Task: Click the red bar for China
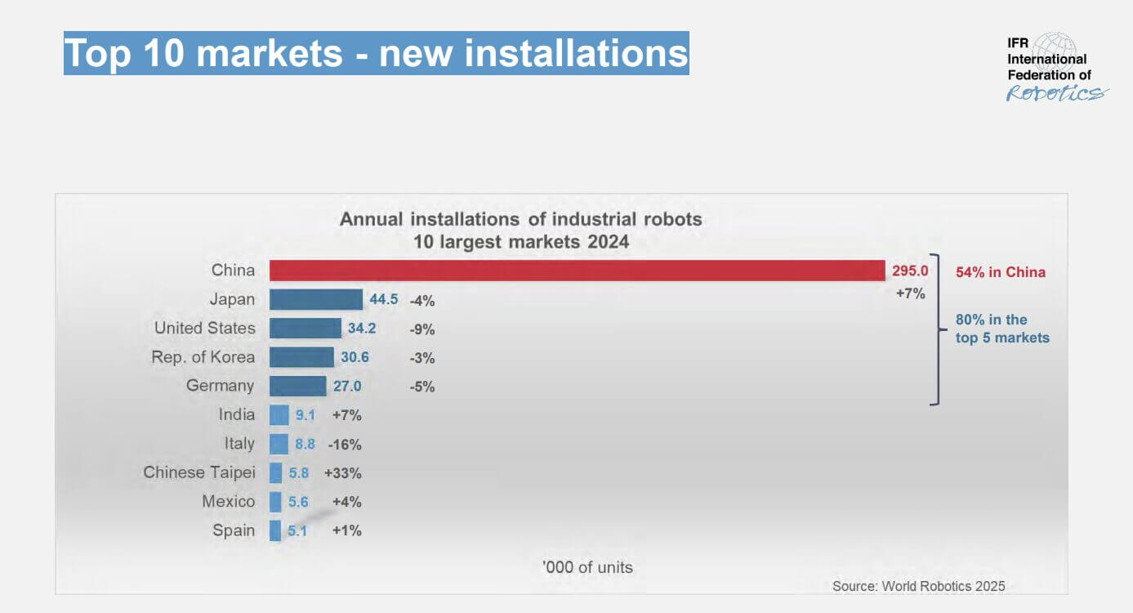coord(577,271)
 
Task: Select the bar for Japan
coord(315,299)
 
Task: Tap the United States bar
coord(305,329)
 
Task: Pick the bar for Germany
coord(297,386)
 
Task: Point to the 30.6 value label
coord(355,357)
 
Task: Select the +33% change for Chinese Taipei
coord(343,473)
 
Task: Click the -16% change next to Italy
coord(345,445)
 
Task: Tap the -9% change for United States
coord(422,329)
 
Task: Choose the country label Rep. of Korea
coord(203,357)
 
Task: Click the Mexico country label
coord(229,502)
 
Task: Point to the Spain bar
coord(275,530)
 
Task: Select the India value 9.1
coord(306,415)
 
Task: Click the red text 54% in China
coord(1001,272)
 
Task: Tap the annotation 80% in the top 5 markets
coord(1002,329)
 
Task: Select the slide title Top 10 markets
coord(376,53)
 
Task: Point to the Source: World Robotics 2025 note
coord(918,586)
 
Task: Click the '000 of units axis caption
coord(587,567)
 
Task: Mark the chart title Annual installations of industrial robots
coord(521,219)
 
